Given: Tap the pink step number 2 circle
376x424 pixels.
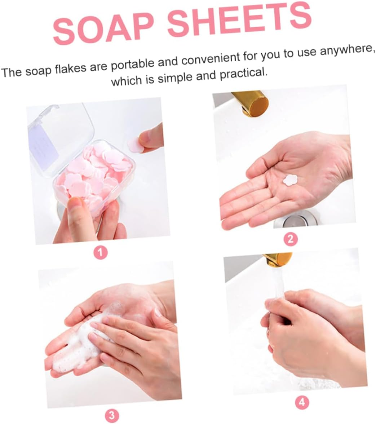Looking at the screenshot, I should coord(291,239).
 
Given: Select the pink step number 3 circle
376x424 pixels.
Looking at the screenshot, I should coord(112,416).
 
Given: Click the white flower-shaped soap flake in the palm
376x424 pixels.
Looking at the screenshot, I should coord(290,180).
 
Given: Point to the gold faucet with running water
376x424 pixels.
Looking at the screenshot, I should coord(277,259).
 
